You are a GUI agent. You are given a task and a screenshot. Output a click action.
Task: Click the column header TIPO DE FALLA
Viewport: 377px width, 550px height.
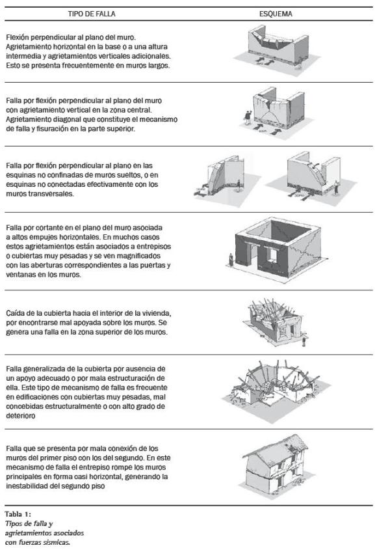point(92,14)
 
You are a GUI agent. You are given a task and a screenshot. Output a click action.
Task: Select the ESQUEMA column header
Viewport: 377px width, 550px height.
point(276,14)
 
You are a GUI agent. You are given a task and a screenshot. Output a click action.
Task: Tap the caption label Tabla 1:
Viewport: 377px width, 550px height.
point(18,514)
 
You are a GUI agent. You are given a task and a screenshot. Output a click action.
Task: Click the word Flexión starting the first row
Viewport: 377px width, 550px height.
point(18,37)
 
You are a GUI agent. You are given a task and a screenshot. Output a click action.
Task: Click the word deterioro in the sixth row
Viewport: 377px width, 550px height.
point(21,416)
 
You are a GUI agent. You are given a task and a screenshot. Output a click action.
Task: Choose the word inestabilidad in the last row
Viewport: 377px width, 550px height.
point(32,486)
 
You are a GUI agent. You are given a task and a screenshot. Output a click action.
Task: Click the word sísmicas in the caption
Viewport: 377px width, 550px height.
point(57,542)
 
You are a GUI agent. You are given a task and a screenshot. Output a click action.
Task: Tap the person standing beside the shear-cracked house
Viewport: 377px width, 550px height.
point(231,260)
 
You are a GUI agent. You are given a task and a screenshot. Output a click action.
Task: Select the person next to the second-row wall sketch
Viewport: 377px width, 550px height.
point(248,118)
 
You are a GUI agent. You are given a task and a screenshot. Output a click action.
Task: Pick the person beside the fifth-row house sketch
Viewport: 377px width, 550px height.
point(304,341)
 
